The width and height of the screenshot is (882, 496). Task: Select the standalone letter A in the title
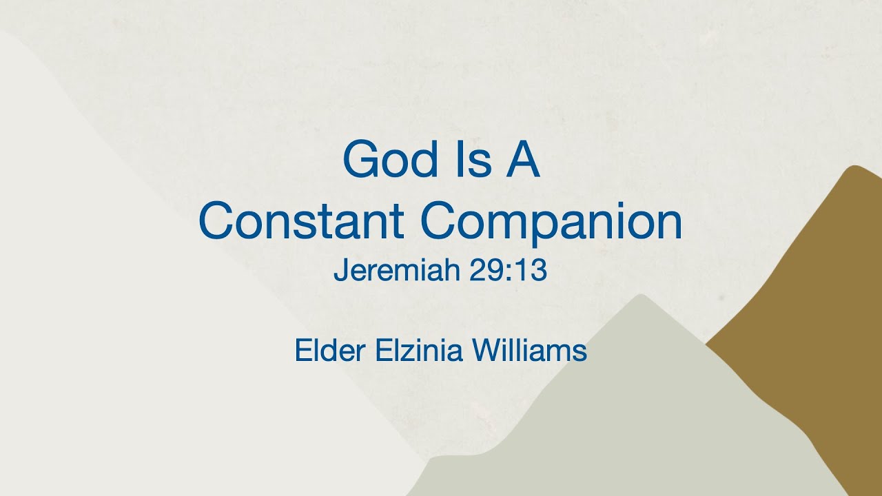coord(523,161)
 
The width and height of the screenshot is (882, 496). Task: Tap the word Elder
coord(331,351)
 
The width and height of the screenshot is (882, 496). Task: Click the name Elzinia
coord(420,351)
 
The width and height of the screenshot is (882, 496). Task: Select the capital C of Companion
coord(437,223)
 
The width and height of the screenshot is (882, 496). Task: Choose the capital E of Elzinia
coord(382,351)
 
